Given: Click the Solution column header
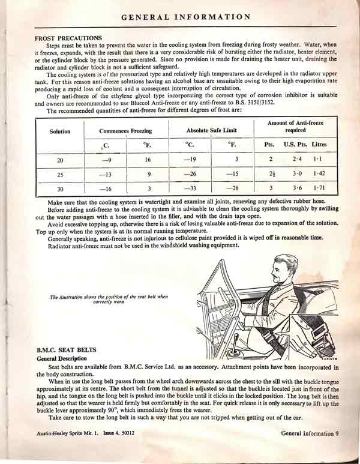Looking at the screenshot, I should pos(60,131).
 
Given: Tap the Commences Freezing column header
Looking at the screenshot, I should pos(125,131).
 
